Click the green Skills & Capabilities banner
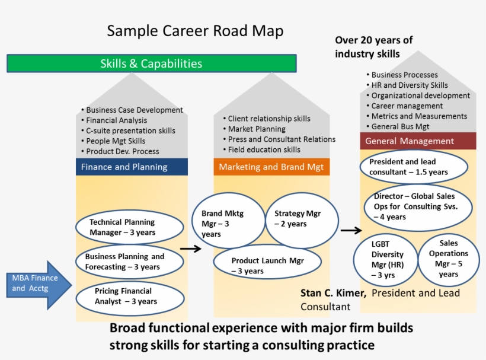pos(151,63)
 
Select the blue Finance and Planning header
pos(132,167)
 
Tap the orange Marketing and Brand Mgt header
pos(271,167)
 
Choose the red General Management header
pos(418,141)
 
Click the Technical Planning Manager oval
pos(130,227)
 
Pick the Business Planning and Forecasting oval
pos(129,262)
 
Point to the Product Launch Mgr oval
pos(267,265)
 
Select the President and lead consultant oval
pos(414,167)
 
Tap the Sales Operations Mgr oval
pos(448,258)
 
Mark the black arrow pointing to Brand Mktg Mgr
pos(190,250)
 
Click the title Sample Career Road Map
pos(195,31)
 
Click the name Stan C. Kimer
pos(333,293)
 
